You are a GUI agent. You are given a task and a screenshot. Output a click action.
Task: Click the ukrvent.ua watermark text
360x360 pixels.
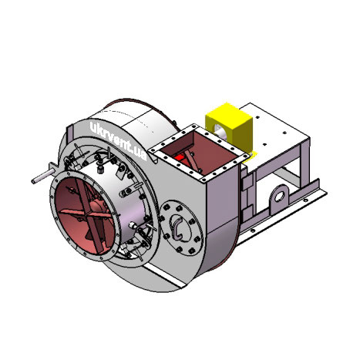(x=119, y=141)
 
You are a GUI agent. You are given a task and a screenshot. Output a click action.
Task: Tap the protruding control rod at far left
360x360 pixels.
(x=42, y=177)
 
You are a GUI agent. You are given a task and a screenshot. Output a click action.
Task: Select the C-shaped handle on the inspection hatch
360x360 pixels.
(x=177, y=228)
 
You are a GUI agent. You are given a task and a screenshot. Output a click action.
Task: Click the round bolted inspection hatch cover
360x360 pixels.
(x=181, y=227)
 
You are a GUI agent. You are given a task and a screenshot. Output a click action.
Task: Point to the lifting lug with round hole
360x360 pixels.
(x=278, y=197)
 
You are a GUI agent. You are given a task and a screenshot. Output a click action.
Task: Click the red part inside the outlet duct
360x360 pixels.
(x=180, y=159)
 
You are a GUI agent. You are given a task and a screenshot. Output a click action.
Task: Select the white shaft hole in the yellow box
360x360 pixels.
(x=220, y=130)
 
